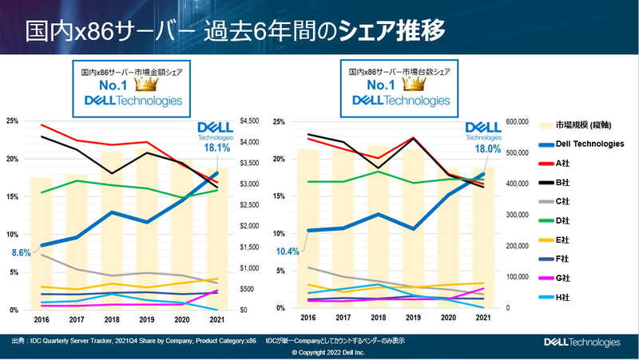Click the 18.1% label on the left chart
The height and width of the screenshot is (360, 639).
216,148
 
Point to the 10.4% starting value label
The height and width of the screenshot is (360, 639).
287,252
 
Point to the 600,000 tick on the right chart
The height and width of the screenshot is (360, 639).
522,121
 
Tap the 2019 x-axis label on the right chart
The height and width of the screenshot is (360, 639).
414,317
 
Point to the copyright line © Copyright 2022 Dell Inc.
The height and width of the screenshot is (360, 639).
319,351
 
